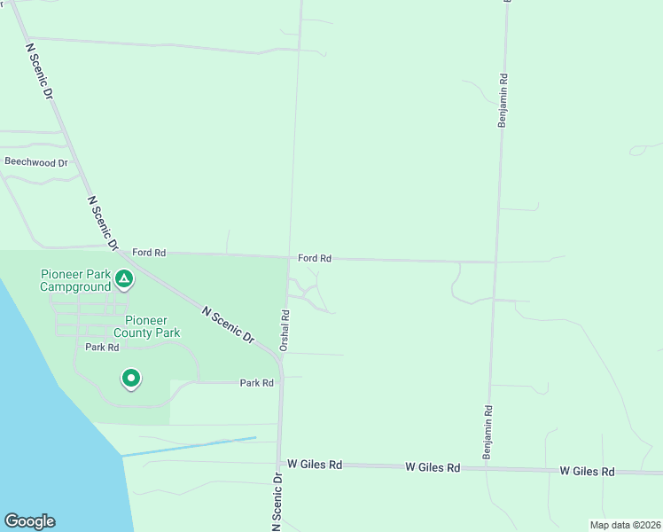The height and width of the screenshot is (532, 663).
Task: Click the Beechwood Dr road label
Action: coord(36,162)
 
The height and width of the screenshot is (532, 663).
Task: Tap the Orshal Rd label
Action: coord(285,329)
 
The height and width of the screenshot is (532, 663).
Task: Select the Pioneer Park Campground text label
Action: coord(75,279)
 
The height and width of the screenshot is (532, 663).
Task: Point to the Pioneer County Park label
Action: coord(152,326)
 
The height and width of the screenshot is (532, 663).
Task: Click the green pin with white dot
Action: coord(131,379)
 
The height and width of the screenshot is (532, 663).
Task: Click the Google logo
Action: coord(29,521)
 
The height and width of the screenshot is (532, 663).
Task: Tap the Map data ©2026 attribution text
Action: coord(624,525)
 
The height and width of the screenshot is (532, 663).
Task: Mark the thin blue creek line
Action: coord(188,447)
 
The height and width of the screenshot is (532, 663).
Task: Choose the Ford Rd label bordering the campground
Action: coord(149,253)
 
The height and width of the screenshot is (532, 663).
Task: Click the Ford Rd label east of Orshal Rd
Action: coord(315,258)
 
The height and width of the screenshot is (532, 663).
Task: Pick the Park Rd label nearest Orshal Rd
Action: coord(257,383)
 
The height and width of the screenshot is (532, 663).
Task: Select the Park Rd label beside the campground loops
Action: coord(102,348)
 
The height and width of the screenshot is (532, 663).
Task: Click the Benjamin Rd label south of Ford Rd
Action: coord(487,432)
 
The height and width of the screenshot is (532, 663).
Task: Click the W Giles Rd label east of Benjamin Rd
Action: coord(587,472)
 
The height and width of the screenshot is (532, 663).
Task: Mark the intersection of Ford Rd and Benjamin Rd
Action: coord(496,262)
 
